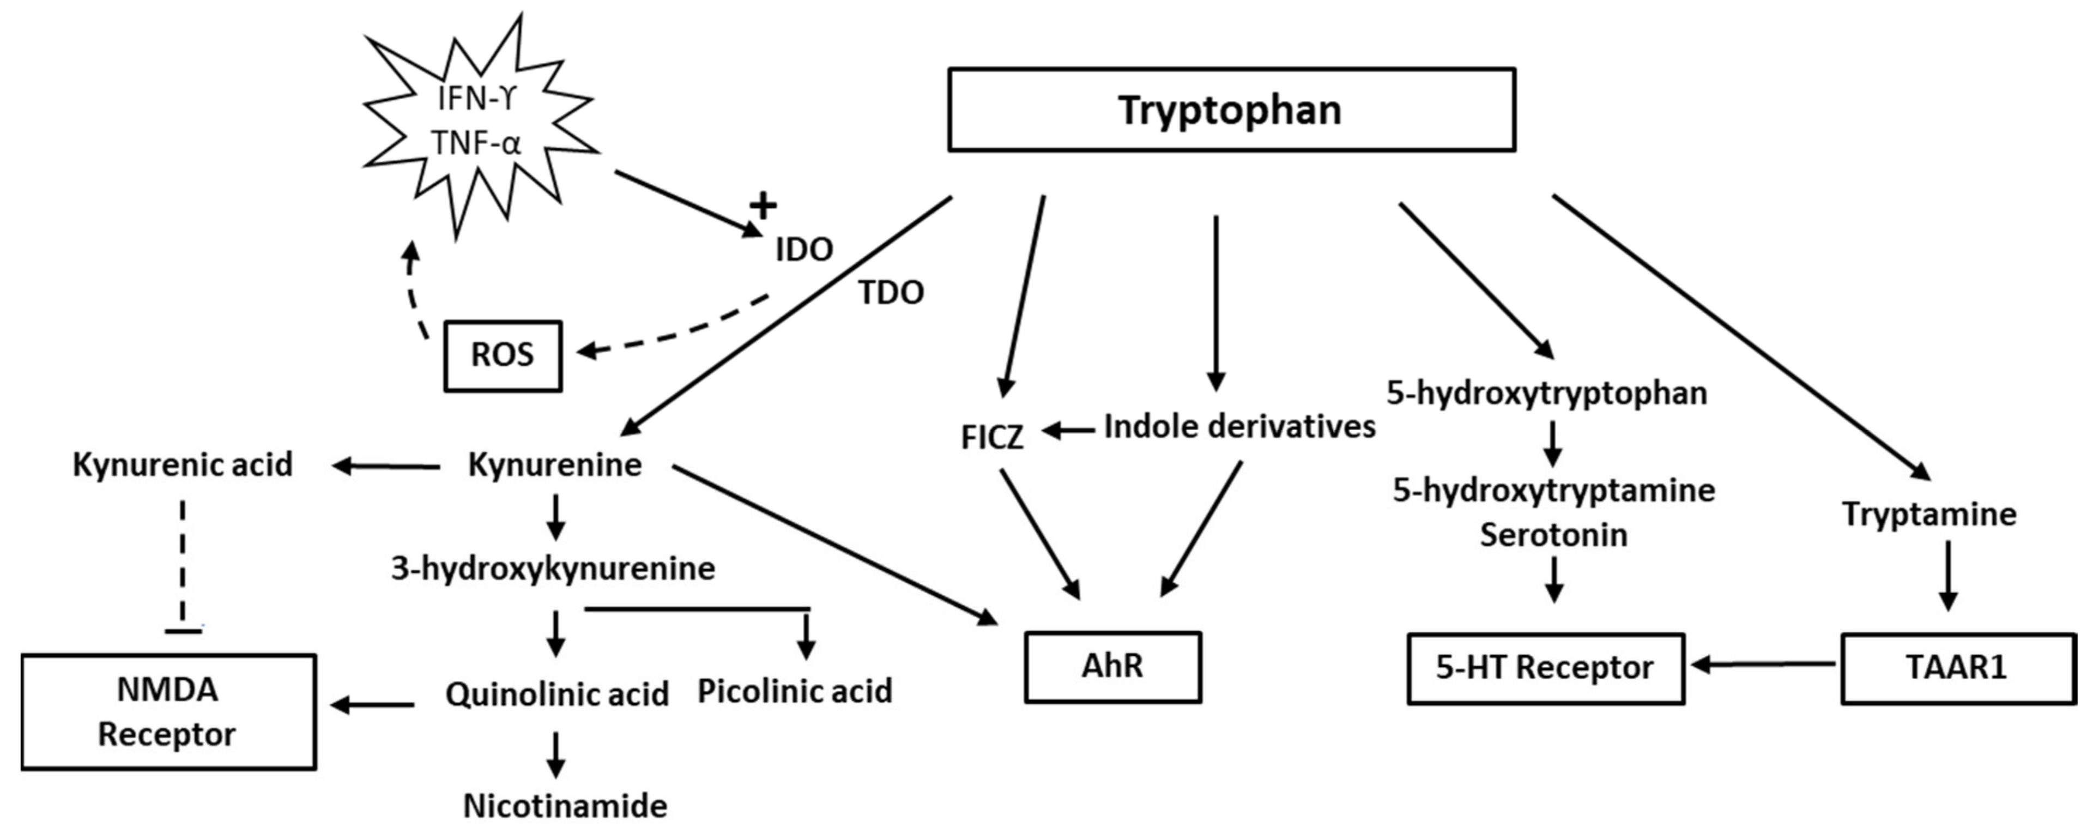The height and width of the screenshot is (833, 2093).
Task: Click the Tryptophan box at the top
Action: coord(1231,110)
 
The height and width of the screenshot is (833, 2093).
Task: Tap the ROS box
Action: coord(502,355)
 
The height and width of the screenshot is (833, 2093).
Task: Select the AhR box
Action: coord(1112,666)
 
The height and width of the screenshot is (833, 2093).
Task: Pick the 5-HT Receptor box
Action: coord(1545,668)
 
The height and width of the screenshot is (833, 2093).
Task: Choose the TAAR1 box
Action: coord(1957,668)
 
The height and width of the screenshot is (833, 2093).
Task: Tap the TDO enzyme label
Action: coord(891,293)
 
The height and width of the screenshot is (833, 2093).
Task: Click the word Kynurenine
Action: coord(555,465)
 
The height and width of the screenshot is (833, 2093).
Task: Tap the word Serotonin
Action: coord(1553,535)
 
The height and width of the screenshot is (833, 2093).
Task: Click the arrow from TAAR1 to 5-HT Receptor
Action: coord(1763,665)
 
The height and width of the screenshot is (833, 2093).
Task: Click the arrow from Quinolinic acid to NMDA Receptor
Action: coord(374,704)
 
